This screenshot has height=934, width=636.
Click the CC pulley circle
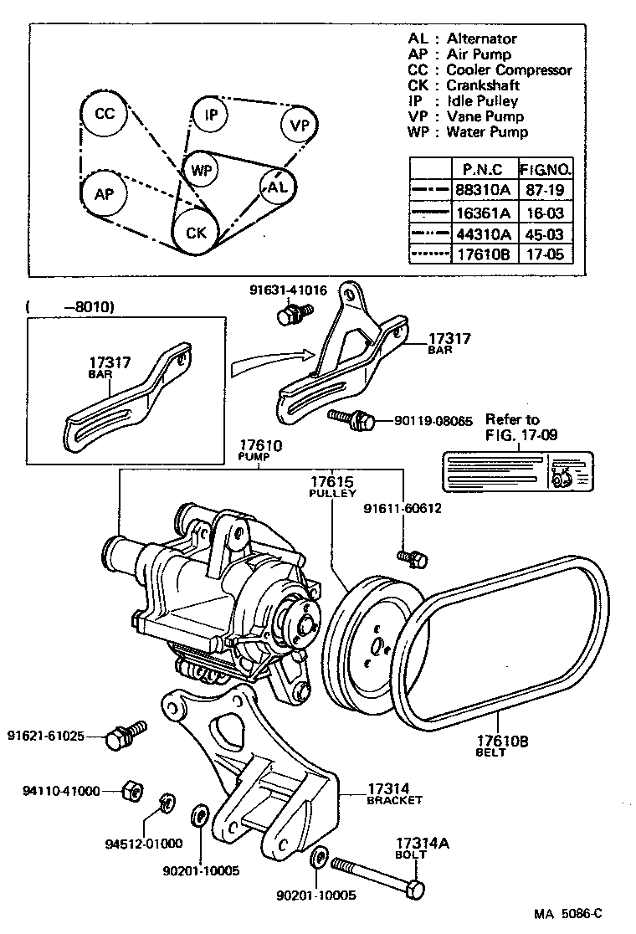coord(105,115)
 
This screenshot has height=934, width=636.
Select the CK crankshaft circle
coord(196,232)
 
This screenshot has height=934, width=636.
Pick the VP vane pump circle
coord(299,126)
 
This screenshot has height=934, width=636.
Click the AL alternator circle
coord(278,187)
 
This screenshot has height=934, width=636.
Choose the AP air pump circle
coord(104,194)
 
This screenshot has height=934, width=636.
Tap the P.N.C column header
coord(483,168)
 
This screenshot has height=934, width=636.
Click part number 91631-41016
coord(288,290)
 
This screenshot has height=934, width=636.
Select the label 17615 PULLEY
coord(333,487)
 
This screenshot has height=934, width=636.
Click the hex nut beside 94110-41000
coord(131,789)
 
